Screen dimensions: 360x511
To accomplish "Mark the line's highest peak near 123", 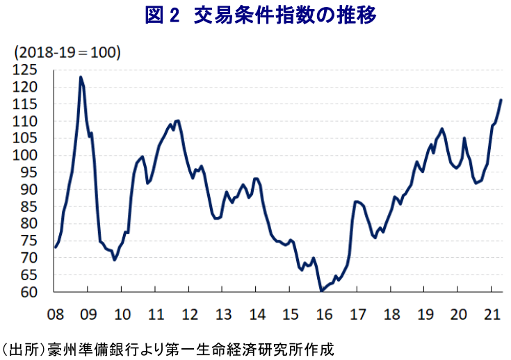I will pos(81,77).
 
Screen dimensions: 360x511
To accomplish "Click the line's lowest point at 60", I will pos(321,291).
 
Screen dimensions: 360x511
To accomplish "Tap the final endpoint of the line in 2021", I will pos(501,100).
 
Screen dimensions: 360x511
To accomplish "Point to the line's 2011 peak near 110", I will pos(177,121).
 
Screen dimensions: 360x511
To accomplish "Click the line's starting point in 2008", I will pos(56,247).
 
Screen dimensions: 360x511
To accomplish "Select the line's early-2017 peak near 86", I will pos(357,202).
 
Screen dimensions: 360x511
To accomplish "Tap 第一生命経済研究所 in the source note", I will pos(244,347).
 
